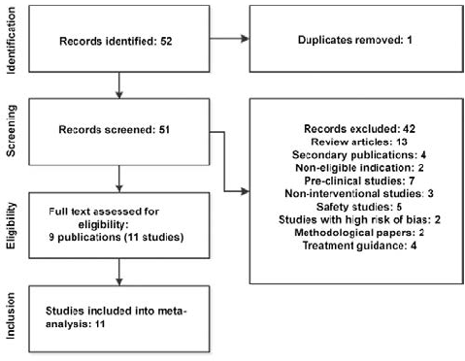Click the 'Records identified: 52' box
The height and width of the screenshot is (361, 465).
click(x=117, y=43)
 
